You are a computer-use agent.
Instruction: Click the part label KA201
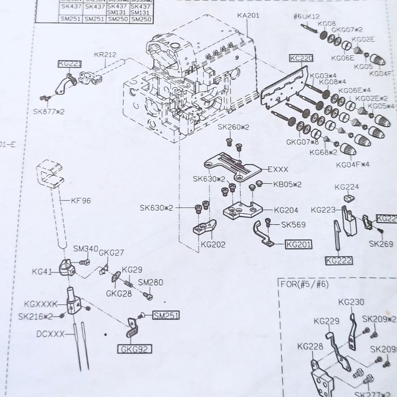click(x=248, y=15)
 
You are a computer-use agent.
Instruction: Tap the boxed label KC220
click(x=301, y=59)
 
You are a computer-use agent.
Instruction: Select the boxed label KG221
click(x=69, y=64)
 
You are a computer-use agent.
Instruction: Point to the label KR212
click(x=105, y=55)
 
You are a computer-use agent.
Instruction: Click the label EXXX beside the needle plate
click(x=277, y=169)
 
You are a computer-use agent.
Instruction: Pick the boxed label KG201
click(x=298, y=244)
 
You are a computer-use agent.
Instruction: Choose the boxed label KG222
click(x=338, y=260)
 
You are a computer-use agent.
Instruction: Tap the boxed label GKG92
click(x=134, y=350)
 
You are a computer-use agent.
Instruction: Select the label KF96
click(x=81, y=201)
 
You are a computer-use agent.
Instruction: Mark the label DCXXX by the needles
click(x=50, y=334)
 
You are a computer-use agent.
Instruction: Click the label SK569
click(x=293, y=224)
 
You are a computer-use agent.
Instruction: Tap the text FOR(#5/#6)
click(x=305, y=284)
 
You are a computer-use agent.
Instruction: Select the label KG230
click(x=351, y=302)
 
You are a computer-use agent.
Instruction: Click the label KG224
click(x=346, y=187)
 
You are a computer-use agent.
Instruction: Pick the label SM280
click(x=150, y=282)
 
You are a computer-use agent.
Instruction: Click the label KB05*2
click(x=287, y=185)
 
